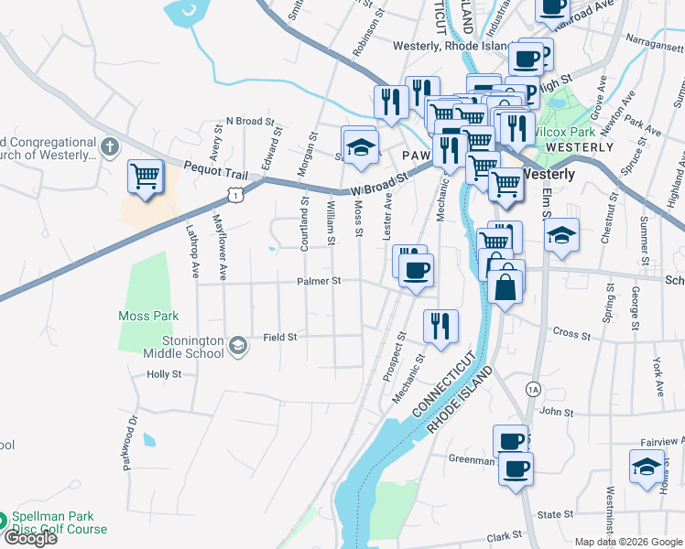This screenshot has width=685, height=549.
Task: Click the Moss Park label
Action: (x=147, y=316)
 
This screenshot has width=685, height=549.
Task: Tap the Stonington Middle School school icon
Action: (x=238, y=345)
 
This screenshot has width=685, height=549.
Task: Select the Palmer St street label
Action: (x=318, y=281)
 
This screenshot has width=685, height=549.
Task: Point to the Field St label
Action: (x=280, y=337)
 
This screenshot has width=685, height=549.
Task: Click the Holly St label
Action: (x=165, y=374)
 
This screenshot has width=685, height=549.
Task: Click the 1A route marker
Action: (x=533, y=389)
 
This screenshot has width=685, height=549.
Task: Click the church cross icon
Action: (x=109, y=146)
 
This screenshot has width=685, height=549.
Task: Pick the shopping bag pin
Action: (x=506, y=285)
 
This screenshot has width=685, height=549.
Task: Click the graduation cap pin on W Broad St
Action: (x=361, y=146)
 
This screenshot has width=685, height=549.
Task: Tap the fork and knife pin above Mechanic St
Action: (x=441, y=326)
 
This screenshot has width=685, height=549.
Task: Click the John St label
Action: (x=556, y=413)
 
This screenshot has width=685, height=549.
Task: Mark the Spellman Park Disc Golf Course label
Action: (x=59, y=523)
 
